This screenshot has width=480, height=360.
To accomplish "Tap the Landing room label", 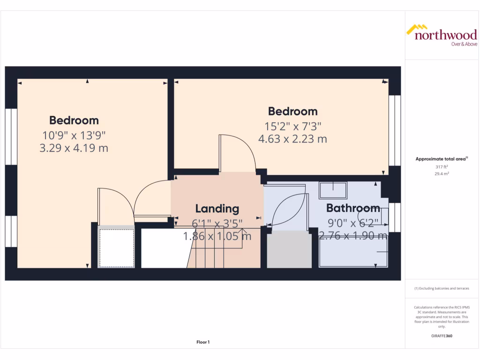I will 217,209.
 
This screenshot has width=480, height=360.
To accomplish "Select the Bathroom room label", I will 353,208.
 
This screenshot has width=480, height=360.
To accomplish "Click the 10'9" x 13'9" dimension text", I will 74,135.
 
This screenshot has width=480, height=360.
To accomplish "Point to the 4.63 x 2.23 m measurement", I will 292,139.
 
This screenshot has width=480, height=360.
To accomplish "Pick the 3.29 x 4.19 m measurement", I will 74,148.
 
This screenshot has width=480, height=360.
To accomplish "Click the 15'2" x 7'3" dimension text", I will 292,126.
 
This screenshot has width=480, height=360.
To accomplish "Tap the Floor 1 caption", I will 203,342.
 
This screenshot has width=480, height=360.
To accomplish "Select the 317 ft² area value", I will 441,166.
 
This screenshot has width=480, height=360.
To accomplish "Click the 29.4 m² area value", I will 441,173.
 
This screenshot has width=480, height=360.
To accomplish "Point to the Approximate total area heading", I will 441,159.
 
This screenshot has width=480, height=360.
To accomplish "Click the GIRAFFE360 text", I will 441,336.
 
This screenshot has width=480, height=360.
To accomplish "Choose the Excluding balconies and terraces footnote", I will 441,288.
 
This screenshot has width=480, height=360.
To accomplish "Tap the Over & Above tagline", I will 464,44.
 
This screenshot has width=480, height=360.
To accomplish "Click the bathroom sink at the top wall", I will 333,190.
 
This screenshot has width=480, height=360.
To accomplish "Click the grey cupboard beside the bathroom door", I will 289,249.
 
